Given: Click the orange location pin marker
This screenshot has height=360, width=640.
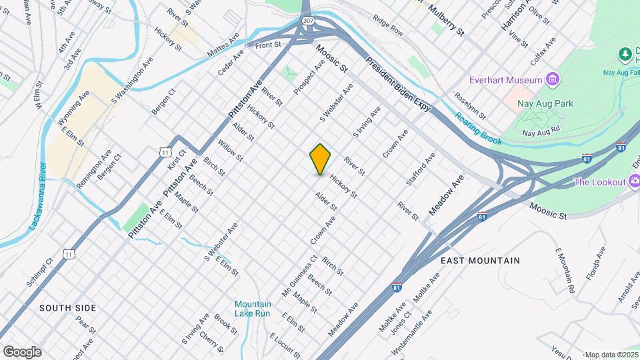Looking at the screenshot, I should (x=320, y=159).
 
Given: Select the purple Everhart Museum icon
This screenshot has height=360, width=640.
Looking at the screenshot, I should (x=552, y=81).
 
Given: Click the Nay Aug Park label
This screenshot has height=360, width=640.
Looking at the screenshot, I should (x=545, y=104).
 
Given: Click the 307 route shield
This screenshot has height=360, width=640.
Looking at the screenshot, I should (x=307, y=21).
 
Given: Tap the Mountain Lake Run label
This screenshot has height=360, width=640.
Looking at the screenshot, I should (x=253, y=309).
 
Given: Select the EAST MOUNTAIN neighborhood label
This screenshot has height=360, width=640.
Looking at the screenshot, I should (x=480, y=261).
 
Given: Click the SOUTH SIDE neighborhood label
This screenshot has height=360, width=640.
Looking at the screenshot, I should (x=67, y=308).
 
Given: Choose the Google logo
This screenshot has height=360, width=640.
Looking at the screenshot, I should (x=22, y=352).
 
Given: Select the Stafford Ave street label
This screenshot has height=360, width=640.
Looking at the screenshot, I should (x=421, y=169).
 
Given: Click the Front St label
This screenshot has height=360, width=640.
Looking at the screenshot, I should (x=268, y=45).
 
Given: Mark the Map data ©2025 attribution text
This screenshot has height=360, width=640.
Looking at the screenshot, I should (x=612, y=355).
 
